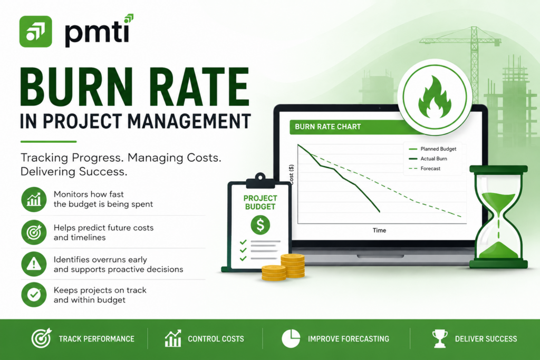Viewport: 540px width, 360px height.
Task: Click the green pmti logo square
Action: click(x=36, y=31)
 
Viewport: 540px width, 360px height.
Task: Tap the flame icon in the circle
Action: click(x=435, y=98)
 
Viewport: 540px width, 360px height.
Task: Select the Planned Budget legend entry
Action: click(x=432, y=149)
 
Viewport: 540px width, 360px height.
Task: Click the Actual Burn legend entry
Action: click(x=428, y=159)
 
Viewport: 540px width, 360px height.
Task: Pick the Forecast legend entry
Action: click(x=425, y=169)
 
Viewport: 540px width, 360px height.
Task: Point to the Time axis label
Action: click(x=379, y=230)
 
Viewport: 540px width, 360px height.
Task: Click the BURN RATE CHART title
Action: click(x=327, y=127)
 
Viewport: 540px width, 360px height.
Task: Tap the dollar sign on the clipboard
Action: click(x=261, y=225)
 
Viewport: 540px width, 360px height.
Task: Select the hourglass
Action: click(x=498, y=217)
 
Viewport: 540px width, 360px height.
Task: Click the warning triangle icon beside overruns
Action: click(x=34, y=264)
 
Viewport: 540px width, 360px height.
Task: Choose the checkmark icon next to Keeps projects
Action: click(x=34, y=295)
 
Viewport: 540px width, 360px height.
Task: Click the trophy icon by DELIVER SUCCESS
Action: click(x=440, y=338)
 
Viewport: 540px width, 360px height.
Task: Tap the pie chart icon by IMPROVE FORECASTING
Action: click(x=291, y=338)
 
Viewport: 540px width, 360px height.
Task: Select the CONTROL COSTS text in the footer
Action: click(x=216, y=339)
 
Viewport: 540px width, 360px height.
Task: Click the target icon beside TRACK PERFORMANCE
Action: click(x=41, y=338)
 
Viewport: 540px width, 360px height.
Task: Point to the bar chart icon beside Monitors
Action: click(x=34, y=200)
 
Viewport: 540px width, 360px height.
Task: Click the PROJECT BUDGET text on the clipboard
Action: click(x=260, y=202)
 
